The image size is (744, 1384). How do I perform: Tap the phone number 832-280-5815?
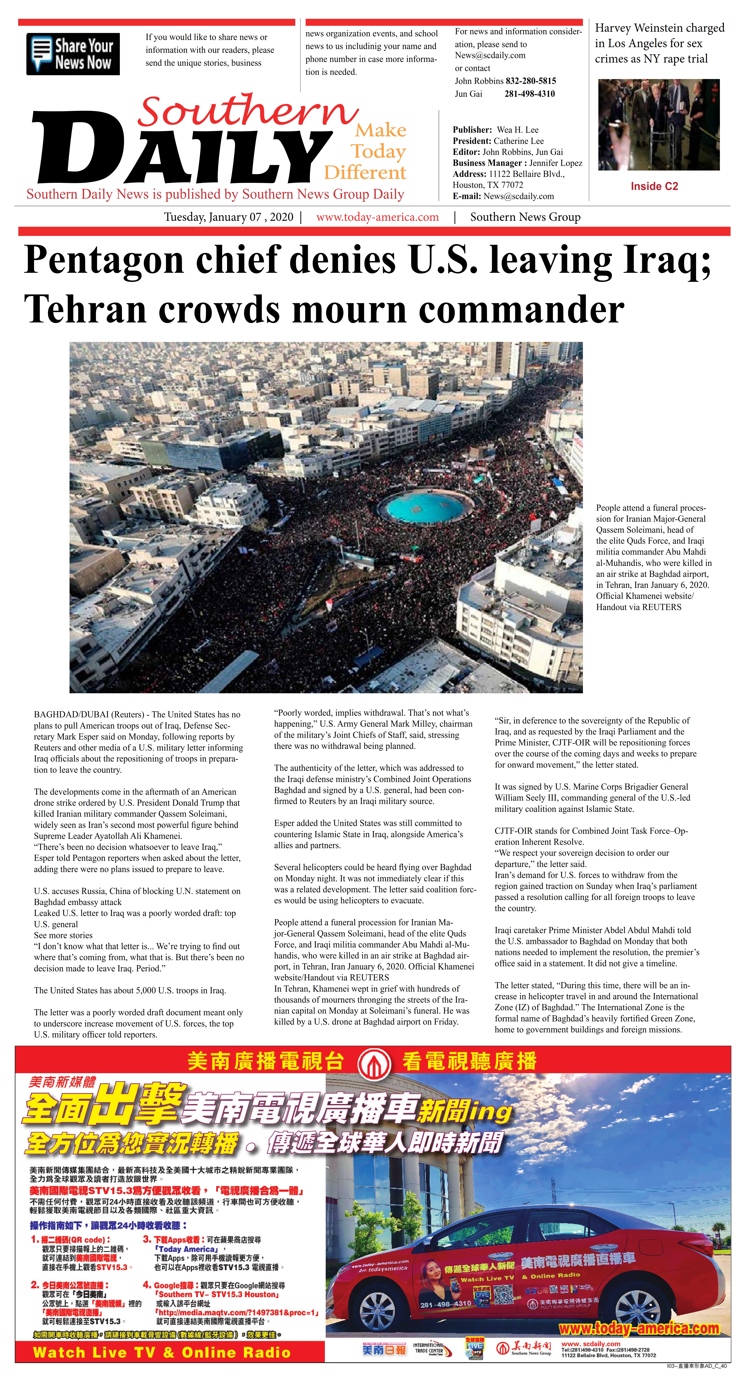pyautogui.click(x=531, y=81)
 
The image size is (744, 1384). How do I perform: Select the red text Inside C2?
pyautogui.click(x=654, y=186)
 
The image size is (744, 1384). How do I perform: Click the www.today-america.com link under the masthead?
pyautogui.click(x=377, y=217)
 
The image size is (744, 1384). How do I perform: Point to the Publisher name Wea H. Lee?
pyautogui.click(x=518, y=130)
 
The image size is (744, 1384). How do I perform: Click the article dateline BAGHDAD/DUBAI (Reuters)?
pyautogui.click(x=90, y=715)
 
